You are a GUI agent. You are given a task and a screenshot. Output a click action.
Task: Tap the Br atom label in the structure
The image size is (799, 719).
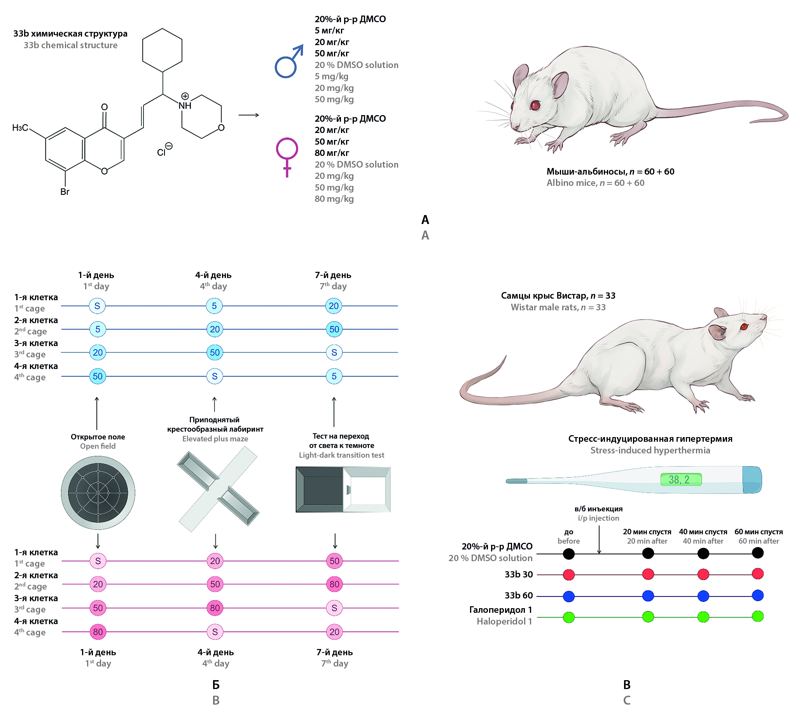tap(65, 192)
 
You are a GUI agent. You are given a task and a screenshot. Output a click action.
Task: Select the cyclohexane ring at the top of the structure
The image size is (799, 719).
tap(163, 50)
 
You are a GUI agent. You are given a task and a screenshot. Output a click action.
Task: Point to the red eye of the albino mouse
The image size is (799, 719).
tap(535, 105)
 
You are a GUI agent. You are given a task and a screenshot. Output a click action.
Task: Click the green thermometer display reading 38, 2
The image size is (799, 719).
tap(681, 479)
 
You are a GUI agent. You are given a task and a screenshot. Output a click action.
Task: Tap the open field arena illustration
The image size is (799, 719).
tap(98, 493)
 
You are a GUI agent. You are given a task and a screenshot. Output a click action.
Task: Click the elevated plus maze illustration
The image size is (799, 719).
tap(219, 489)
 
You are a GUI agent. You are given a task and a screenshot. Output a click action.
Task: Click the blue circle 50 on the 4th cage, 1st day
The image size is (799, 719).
tap(98, 376)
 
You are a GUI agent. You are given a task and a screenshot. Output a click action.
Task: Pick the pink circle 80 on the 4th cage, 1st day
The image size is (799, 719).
tap(98, 632)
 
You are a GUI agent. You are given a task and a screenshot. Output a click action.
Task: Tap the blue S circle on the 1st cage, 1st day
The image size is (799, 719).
tap(97, 306)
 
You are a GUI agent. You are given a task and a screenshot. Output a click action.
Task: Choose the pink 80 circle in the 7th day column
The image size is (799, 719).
tap(334, 584)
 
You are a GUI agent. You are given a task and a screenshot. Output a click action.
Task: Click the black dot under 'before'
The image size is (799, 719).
tap(569, 554)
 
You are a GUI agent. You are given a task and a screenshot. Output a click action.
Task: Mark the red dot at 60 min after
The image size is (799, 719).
tap(757, 574)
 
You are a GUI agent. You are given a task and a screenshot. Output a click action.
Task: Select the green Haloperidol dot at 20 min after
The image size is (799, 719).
tap(648, 617)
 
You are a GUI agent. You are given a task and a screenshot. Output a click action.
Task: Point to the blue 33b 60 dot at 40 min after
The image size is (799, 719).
tap(703, 596)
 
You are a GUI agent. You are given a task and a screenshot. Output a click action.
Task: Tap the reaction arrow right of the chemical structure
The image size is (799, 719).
tap(248, 115)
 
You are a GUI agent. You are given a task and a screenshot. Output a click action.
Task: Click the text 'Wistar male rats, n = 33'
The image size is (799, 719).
tap(558, 307)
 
